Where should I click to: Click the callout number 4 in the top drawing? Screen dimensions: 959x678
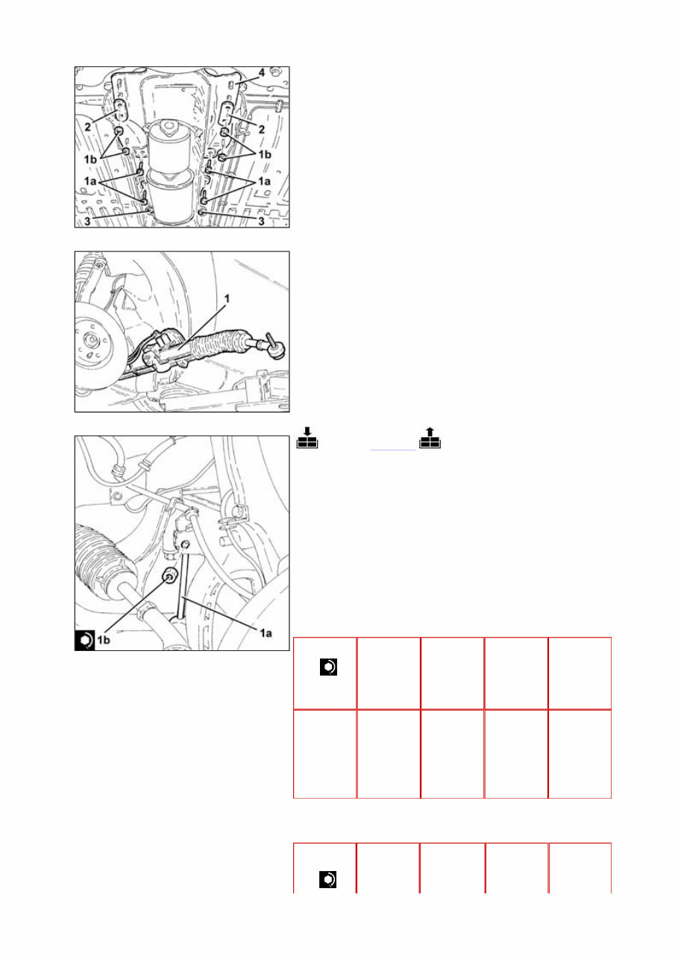click(x=261, y=73)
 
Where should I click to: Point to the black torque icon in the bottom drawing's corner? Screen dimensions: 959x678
click(x=85, y=641)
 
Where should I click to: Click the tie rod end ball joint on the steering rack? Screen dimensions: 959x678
click(x=274, y=348)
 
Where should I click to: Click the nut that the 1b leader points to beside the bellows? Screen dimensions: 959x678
click(x=170, y=574)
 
